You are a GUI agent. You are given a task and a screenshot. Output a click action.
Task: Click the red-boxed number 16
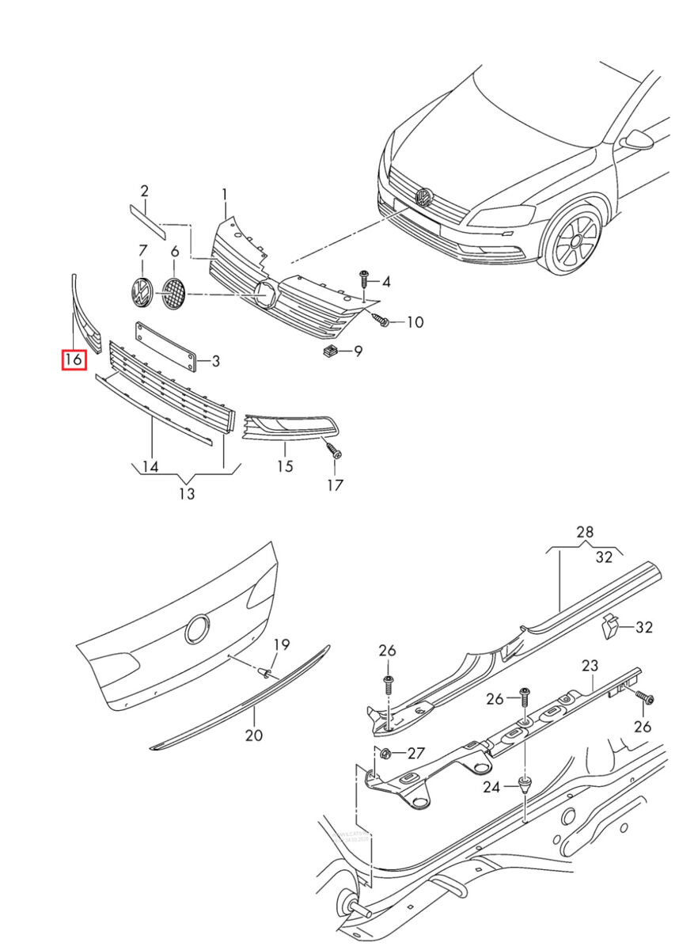point(74,360)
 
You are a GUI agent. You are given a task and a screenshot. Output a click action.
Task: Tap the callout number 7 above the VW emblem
point(143,251)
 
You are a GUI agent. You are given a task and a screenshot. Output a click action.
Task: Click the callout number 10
point(415,321)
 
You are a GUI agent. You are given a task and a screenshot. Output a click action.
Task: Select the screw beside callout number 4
point(364,278)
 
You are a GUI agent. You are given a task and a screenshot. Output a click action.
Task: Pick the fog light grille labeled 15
point(289,429)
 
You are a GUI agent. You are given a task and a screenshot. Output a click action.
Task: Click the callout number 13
point(186,494)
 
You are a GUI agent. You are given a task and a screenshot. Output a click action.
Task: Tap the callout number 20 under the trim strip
point(253,735)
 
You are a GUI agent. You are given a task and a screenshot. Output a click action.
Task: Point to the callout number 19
point(282,644)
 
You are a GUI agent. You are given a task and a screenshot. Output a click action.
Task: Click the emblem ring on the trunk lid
point(196,630)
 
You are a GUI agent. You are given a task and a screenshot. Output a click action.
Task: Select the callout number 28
point(584,533)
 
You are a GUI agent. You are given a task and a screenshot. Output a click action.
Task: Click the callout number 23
point(590,666)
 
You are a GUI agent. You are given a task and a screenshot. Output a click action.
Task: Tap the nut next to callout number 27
point(386,752)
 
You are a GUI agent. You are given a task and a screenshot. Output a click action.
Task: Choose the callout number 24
point(493,787)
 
